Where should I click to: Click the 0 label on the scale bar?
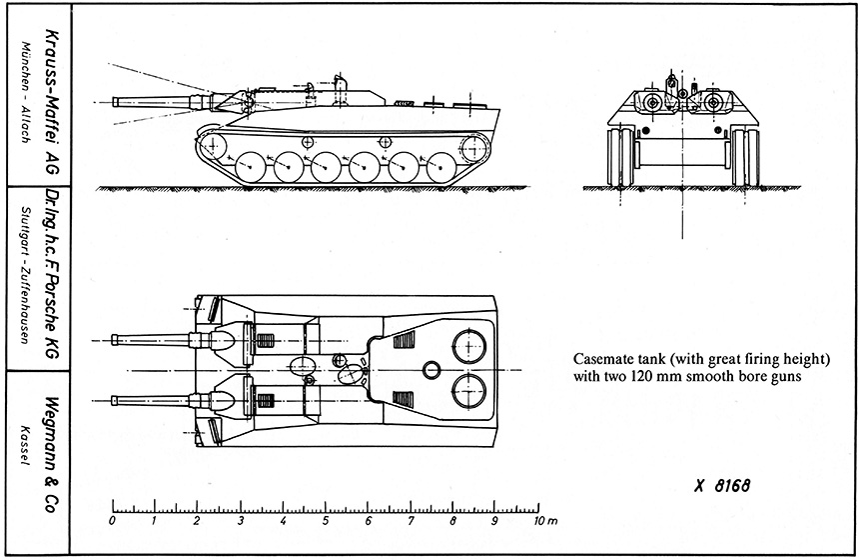(x=112, y=521)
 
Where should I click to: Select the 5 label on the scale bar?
(x=327, y=521)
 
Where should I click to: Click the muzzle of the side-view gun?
(x=116, y=102)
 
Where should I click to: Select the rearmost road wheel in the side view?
(x=441, y=168)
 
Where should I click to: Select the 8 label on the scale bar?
(x=454, y=521)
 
